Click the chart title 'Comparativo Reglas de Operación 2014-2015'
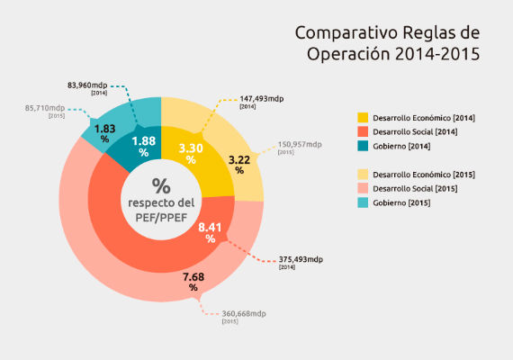coord(388,43)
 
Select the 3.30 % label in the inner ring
coord(190,152)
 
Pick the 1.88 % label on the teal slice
coord(143,146)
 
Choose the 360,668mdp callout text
coord(243,313)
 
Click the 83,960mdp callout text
coord(87,85)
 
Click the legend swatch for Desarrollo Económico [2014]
coord(363,118)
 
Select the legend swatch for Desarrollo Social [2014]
coord(363,132)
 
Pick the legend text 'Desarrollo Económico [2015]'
coord(424,174)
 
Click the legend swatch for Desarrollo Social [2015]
coord(363,187)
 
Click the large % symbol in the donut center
coord(160,186)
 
